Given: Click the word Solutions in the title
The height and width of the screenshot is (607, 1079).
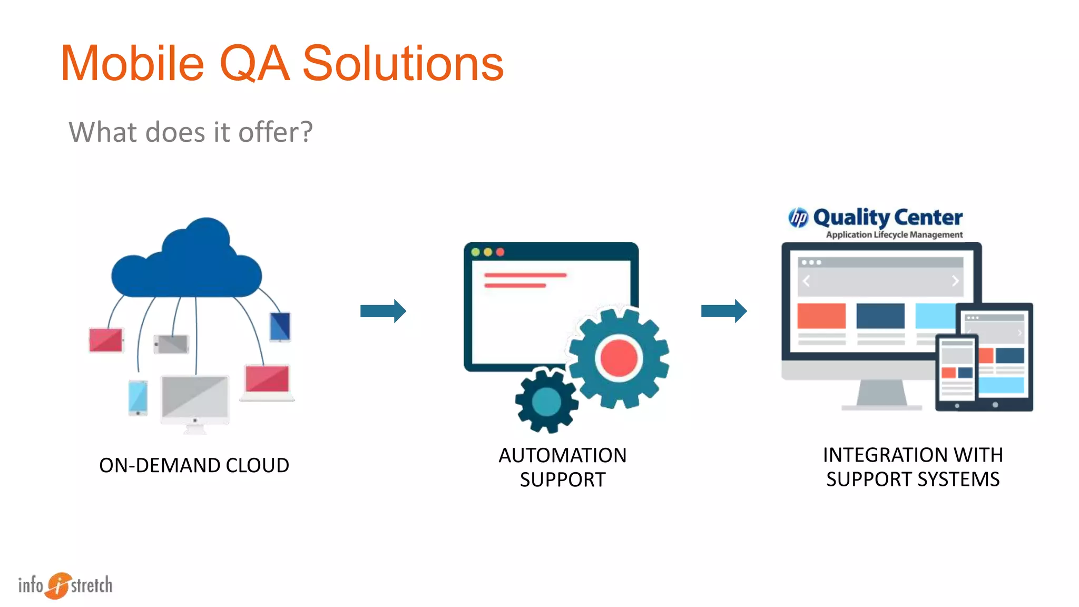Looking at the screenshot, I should (403, 64).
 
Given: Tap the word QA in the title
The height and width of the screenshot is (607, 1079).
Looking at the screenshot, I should (254, 64).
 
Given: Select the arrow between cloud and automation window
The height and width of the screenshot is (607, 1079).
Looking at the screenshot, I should (383, 311).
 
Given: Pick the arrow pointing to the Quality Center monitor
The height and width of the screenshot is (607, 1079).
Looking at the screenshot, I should (724, 311).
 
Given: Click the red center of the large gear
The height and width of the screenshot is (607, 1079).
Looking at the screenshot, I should (619, 358).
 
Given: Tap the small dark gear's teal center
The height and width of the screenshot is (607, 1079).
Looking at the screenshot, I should (546, 402).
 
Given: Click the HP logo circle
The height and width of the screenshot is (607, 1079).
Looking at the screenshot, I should (798, 217).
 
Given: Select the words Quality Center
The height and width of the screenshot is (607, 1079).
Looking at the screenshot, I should (888, 217).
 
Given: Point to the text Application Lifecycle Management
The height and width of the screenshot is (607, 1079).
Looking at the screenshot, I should (894, 234).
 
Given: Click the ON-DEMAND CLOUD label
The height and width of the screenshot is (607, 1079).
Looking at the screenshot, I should (194, 465).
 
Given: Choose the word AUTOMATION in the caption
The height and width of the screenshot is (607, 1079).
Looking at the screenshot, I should (563, 455).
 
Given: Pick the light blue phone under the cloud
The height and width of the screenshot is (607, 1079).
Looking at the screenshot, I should (138, 397).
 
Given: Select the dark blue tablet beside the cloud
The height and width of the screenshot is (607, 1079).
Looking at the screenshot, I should (280, 326).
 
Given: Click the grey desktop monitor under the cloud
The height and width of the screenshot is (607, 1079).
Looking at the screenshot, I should (195, 398).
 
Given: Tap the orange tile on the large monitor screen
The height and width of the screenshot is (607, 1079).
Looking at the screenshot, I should (821, 316).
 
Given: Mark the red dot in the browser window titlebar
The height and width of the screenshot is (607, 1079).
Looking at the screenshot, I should (500, 252).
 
